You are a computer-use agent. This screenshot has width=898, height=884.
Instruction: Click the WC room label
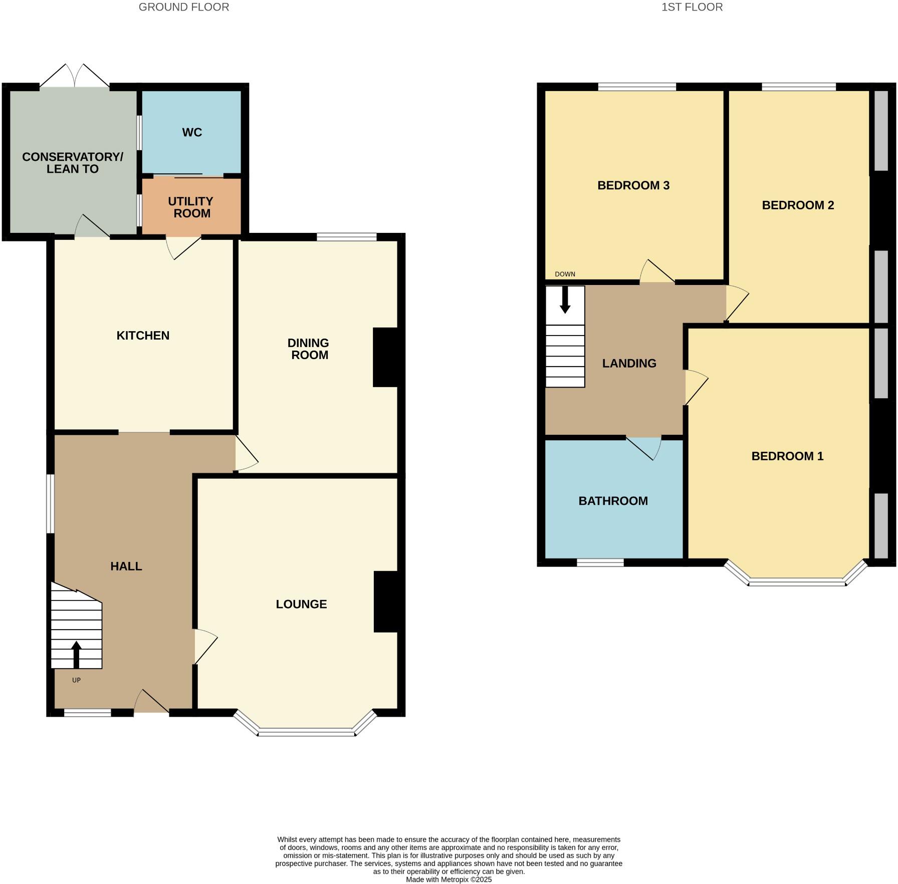[192, 132]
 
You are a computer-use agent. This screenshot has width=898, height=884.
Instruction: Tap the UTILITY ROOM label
[191, 207]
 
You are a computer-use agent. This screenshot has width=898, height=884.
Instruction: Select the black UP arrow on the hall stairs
[76, 654]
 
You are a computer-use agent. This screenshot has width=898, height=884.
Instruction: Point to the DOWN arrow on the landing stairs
[565, 300]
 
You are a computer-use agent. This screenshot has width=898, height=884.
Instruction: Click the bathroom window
[600, 562]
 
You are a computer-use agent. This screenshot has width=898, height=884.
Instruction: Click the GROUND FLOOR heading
[184, 7]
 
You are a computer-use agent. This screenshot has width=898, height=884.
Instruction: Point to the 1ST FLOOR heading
[692, 7]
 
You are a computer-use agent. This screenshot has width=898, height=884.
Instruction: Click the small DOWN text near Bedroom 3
[565, 274]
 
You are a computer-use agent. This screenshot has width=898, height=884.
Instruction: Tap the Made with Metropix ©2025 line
[448, 879]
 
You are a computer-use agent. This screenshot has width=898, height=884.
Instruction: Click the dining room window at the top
[346, 237]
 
